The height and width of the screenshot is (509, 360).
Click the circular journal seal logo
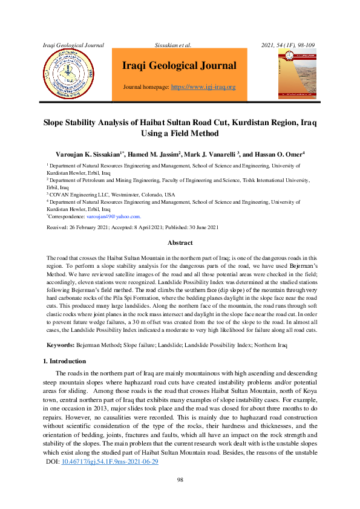coord(68,74)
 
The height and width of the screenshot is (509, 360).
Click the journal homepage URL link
coord(203,87)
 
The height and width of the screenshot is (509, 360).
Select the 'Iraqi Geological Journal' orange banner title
coord(179,66)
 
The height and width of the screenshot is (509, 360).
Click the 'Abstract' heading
coord(180,242)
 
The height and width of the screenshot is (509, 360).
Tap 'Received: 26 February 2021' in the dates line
coord(82,228)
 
